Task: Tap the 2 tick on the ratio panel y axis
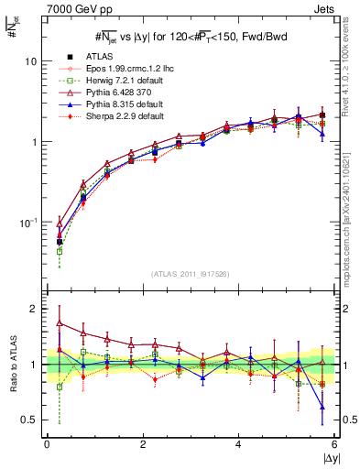(x=34, y=309)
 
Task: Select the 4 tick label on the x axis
(x=239, y=445)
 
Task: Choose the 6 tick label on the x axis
(x=335, y=445)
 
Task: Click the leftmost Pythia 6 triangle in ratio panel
(x=60, y=322)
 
